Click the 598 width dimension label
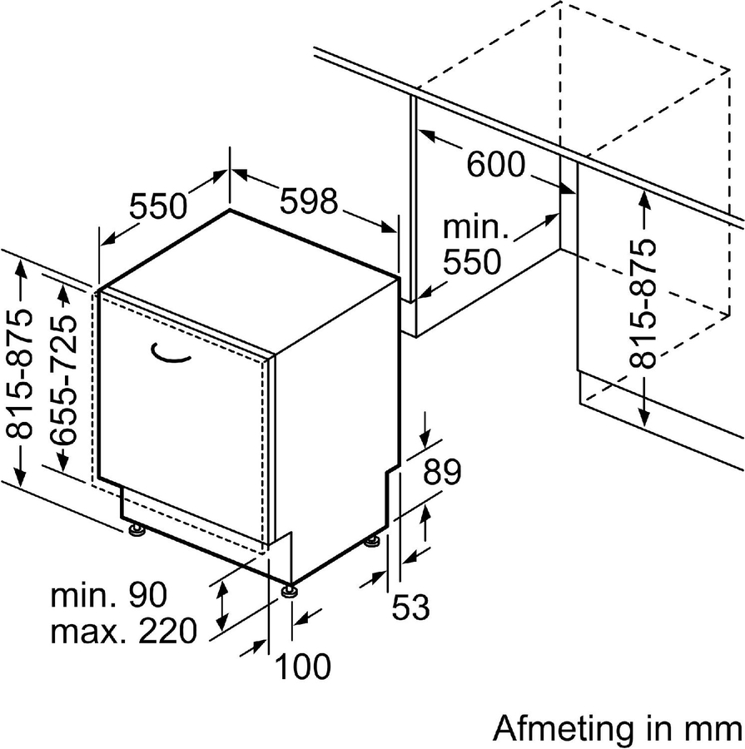(309, 202)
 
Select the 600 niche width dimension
(495, 165)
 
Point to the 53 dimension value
(410, 608)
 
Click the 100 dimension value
(303, 666)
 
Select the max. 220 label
(124, 632)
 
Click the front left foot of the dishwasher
(134, 529)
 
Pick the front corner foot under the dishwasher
(289, 591)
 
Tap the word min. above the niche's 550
(474, 227)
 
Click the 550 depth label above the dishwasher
(158, 205)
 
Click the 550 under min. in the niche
(471, 263)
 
